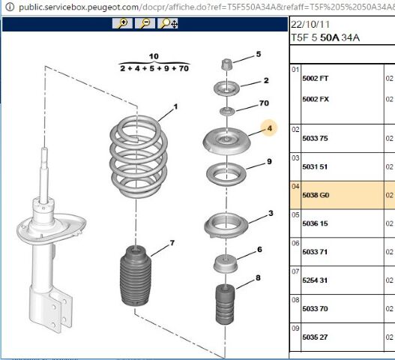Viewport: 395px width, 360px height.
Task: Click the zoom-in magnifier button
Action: [122, 23]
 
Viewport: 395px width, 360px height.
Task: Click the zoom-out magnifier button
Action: [145, 23]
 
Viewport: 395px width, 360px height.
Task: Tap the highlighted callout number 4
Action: [270, 128]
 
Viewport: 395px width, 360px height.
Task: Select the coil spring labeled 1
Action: [139, 156]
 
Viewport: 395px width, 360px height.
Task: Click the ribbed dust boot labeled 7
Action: [136, 276]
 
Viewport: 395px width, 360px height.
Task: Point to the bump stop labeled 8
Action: [225, 304]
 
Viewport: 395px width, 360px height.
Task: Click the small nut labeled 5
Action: [226, 64]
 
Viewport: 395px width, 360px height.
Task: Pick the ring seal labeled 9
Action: [226, 174]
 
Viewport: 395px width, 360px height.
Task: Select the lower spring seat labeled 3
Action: [226, 226]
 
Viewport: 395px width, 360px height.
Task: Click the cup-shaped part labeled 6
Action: [226, 263]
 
